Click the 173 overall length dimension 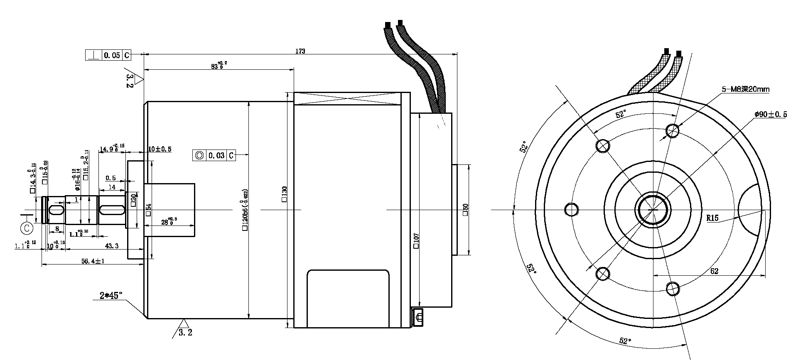pyautogui.click(x=300, y=51)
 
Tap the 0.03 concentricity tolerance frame pyautogui.click(x=214, y=156)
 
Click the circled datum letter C pyautogui.click(x=27, y=228)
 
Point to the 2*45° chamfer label pyautogui.click(x=111, y=296)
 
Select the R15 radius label pyautogui.click(x=712, y=218)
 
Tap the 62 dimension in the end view pyautogui.click(x=714, y=271)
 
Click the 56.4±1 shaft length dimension pyautogui.click(x=92, y=261)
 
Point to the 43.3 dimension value pyautogui.click(x=111, y=246)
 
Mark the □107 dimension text pyautogui.click(x=416, y=241)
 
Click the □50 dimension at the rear pyautogui.click(x=465, y=210)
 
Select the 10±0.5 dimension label pyautogui.click(x=160, y=149)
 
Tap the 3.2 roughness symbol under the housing pyautogui.click(x=185, y=332)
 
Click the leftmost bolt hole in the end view pyautogui.click(x=572, y=209)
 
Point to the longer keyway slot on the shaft pyautogui.click(x=112, y=210)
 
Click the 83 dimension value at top pyautogui.click(x=217, y=66)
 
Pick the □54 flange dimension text pyautogui.click(x=148, y=210)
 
